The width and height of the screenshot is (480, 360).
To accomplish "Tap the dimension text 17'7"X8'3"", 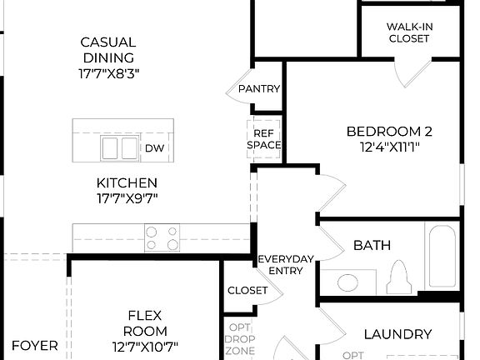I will pyautogui.click(x=108, y=72).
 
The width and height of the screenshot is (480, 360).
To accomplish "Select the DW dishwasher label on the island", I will pyautogui.click(x=154, y=148).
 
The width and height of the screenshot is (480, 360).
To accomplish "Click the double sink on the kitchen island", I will pyautogui.click(x=119, y=148).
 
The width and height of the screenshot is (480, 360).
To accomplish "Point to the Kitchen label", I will pyautogui.click(x=127, y=182).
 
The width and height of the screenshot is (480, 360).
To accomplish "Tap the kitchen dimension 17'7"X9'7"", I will pyautogui.click(x=127, y=198).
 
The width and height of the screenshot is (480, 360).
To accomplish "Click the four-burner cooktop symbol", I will pyautogui.click(x=162, y=237).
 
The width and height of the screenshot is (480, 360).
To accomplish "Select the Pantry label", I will pyautogui.click(x=258, y=89).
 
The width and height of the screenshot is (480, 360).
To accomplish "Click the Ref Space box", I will pyautogui.click(x=264, y=138).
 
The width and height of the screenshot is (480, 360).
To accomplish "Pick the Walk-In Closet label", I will pyautogui.click(x=409, y=32).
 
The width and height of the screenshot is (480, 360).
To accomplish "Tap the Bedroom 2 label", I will pyautogui.click(x=389, y=131).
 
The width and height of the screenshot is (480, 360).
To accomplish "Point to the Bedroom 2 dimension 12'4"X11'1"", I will pyautogui.click(x=389, y=147).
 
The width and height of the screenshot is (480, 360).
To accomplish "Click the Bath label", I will pyautogui.click(x=372, y=246).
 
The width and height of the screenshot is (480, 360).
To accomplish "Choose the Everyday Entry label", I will pyautogui.click(x=285, y=264).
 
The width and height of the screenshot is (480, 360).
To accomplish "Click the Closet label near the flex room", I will pyautogui.click(x=247, y=290).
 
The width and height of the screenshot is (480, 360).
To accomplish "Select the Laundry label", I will pyautogui.click(x=397, y=334).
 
